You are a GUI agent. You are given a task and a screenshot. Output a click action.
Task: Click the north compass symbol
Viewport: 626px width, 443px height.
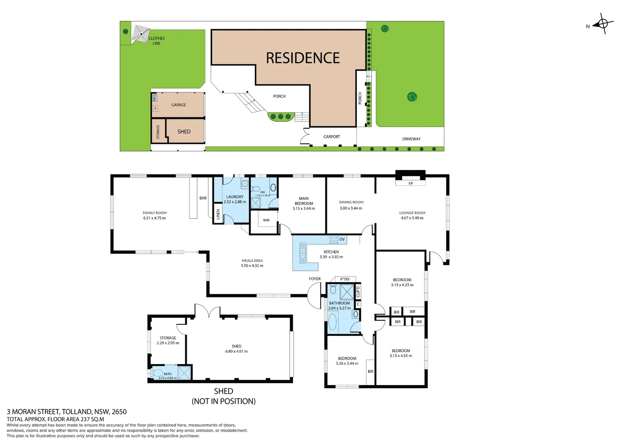pyautogui.click(x=603, y=24)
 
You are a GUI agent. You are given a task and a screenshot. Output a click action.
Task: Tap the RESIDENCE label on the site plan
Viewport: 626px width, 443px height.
pyautogui.click(x=303, y=58)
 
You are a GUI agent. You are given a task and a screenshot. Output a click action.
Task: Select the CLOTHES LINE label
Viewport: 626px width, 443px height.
pyautogui.click(x=156, y=41)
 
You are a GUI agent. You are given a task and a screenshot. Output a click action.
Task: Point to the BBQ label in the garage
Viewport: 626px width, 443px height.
pyautogui.click(x=154, y=98)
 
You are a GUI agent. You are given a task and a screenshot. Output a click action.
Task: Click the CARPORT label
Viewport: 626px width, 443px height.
pyautogui.click(x=331, y=137)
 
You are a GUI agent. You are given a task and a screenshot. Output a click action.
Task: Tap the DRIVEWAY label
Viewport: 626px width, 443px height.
pyautogui.click(x=411, y=139)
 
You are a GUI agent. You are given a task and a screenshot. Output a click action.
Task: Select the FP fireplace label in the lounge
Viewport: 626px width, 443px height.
pyautogui.click(x=411, y=183)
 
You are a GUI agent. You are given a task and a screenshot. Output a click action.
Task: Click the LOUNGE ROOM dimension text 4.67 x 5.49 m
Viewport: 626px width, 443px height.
pyautogui.click(x=412, y=218)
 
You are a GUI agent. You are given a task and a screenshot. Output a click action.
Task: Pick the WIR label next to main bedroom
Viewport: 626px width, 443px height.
pyautogui.click(x=266, y=220)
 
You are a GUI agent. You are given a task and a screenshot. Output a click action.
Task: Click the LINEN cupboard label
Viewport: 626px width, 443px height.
pyautogui.click(x=218, y=214)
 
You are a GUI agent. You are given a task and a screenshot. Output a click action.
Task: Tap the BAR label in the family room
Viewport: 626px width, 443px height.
pyautogui.click(x=203, y=198)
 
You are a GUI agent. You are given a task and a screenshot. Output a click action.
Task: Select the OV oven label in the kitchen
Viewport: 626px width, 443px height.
pyautogui.click(x=342, y=239)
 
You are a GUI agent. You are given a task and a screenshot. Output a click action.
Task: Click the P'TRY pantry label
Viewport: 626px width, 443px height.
pyautogui.click(x=345, y=279)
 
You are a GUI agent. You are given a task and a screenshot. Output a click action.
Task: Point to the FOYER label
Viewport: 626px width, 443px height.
pyautogui.click(x=315, y=279)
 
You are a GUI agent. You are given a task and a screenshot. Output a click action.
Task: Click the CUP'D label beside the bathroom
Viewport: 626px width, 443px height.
pyautogui.click(x=358, y=292)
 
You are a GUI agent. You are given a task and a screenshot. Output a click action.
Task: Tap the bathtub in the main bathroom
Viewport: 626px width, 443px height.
pyautogui.click(x=333, y=322)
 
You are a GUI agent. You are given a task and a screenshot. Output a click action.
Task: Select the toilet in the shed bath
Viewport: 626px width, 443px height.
pyautogui.click(x=157, y=373)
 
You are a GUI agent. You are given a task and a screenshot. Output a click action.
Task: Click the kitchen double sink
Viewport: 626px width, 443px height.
pyautogui.click(x=302, y=253)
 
